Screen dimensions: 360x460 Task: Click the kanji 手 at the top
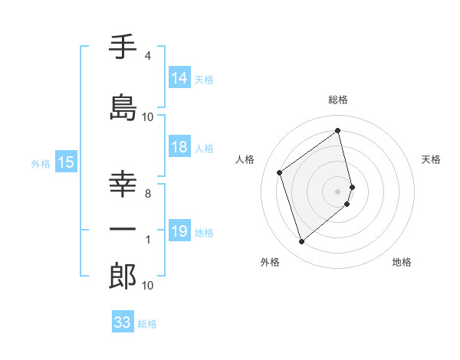(x=123, y=47)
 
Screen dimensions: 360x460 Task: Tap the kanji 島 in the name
(x=123, y=107)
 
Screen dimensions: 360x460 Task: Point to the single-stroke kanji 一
(x=123, y=230)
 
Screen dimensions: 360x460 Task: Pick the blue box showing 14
(x=179, y=78)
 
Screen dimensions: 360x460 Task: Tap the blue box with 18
(x=179, y=147)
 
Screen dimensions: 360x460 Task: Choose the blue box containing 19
(x=179, y=231)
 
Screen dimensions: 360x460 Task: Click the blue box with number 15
(x=66, y=162)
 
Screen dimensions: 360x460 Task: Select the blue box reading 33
(x=123, y=322)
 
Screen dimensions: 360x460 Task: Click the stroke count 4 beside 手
(x=148, y=56)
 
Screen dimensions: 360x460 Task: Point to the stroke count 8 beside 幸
(x=148, y=194)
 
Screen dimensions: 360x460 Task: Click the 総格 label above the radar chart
(x=338, y=100)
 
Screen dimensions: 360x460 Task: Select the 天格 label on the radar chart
(x=431, y=159)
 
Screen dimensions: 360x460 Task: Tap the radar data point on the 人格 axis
(x=280, y=172)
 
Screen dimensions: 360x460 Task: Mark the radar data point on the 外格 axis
(x=301, y=242)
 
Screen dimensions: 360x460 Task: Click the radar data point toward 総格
(x=338, y=130)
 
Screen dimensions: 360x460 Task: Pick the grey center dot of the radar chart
(x=338, y=191)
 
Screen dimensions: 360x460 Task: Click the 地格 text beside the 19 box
(x=205, y=232)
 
